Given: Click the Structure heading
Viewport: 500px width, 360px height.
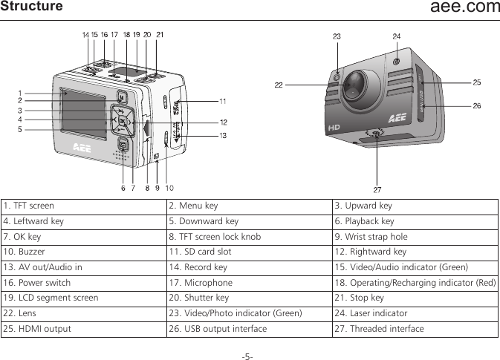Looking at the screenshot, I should coord(32,7).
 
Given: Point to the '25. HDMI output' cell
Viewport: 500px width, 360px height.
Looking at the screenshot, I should coord(36,329).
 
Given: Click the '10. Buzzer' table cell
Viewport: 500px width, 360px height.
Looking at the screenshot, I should coord(25,252).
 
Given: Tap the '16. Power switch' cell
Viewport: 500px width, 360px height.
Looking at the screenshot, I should coord(37,283).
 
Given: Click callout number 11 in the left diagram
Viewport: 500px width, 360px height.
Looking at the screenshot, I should coord(222,100).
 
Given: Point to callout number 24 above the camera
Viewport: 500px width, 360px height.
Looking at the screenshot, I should coord(397,36).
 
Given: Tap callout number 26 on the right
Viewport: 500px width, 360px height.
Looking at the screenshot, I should coord(476,106).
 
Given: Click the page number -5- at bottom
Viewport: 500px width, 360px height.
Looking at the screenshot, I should coord(247,355).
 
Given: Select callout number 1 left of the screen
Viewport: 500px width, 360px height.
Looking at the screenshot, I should coord(20,93).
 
